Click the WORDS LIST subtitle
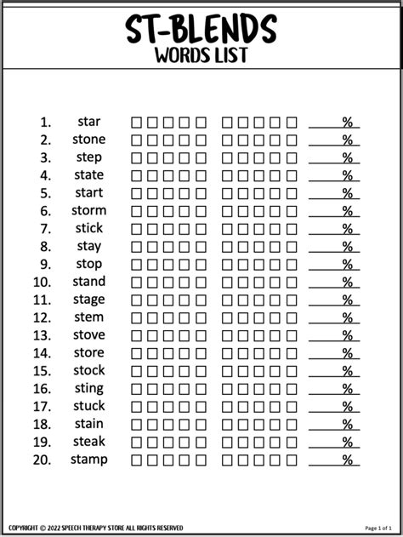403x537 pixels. [201, 56]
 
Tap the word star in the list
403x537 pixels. [88, 122]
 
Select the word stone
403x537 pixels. [88, 140]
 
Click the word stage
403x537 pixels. [88, 300]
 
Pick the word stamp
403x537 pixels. [89, 460]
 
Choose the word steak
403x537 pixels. [88, 442]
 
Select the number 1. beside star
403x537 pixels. [46, 122]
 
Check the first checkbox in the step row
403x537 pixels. [136, 158]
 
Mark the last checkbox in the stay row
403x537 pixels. [292, 247]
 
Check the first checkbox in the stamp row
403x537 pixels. [136, 460]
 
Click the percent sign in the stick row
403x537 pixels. [347, 229]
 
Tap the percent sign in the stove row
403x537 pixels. [347, 335]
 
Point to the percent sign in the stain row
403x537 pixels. [347, 425]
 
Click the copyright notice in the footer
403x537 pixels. [98, 528]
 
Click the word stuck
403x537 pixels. [88, 406]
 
